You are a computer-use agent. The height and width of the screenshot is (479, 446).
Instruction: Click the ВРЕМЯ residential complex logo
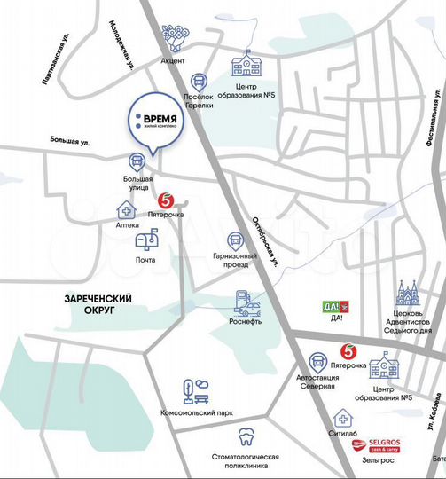(157, 121)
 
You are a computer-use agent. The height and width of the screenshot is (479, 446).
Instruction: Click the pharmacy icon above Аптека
(127, 209)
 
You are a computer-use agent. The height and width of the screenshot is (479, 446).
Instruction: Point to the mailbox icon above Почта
(145, 239)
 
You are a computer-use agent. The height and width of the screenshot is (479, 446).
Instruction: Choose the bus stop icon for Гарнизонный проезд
(236, 240)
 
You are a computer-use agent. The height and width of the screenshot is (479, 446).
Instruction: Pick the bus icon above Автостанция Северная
(318, 362)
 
